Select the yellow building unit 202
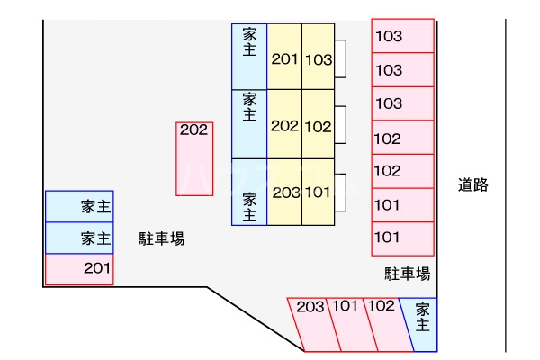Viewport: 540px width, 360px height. pyautogui.click(x=284, y=125)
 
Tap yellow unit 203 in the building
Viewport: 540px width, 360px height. pyautogui.click(x=285, y=193)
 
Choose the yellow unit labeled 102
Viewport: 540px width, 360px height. pyautogui.click(x=319, y=125)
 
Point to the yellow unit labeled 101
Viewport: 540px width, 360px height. pyautogui.click(x=319, y=193)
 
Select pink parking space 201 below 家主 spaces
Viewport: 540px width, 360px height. pyautogui.click(x=79, y=268)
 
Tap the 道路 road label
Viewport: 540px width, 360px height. pyautogui.click(x=472, y=185)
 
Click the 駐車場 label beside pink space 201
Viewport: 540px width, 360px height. pyautogui.click(x=162, y=238)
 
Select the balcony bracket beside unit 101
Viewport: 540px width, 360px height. pyautogui.click(x=341, y=191)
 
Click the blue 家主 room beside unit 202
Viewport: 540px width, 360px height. pyautogui.click(x=249, y=124)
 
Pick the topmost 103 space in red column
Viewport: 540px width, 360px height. pyautogui.click(x=402, y=37)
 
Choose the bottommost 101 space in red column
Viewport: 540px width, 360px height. pyautogui.click(x=402, y=238)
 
